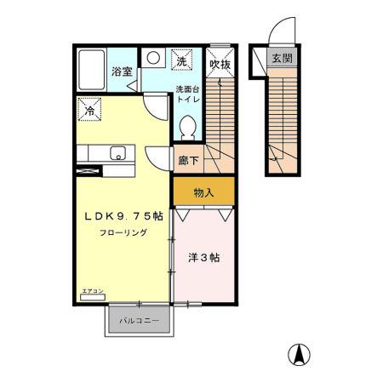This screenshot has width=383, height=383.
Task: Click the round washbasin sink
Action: coord(154,59)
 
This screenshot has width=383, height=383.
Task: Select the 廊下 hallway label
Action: coord(188,159)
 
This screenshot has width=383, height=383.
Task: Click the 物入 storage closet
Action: coord(203,192)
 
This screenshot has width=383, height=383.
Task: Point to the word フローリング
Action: coord(122,233)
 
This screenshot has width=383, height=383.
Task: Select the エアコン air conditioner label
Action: coord(92,292)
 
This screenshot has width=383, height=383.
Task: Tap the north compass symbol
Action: coord(300,353)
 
